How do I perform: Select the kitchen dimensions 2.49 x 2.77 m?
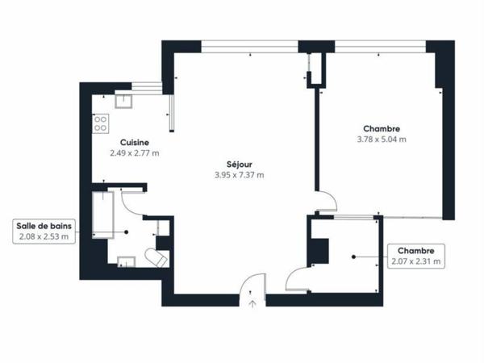pyautogui.click(x=134, y=152)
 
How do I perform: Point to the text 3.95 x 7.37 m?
pyautogui.click(x=239, y=174)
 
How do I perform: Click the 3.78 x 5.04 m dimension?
pyautogui.click(x=382, y=139)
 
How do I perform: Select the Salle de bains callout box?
pyautogui.click(x=45, y=232)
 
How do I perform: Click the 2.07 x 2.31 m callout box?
pyautogui.click(x=415, y=256)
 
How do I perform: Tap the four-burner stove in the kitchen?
pyautogui.click(x=102, y=123)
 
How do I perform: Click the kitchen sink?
pyautogui.click(x=125, y=100)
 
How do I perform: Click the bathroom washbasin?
pyautogui.click(x=126, y=260)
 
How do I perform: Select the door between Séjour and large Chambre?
pyautogui.click(x=324, y=202)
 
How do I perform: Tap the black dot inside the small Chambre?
pyautogui.click(x=353, y=257)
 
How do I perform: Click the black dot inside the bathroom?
pyautogui.click(x=126, y=232)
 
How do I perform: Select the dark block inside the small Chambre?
pyautogui.click(x=320, y=250)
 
